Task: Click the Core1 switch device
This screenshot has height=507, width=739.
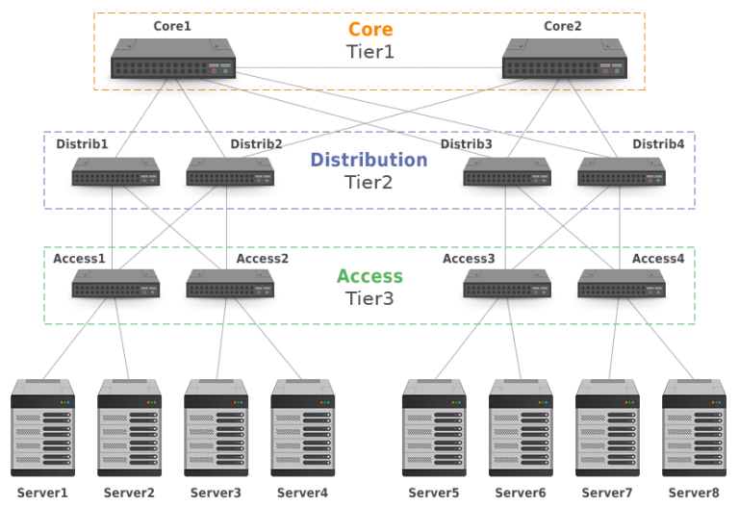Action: pos(173,59)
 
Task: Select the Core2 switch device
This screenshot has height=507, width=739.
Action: pos(564,59)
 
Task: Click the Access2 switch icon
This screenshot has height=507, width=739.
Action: pos(230,283)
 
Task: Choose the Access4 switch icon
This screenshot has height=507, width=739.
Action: pos(621,283)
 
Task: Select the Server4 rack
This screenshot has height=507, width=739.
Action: pos(303,427)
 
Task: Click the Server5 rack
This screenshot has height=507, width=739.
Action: pos(434,427)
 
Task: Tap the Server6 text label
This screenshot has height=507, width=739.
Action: pos(521,493)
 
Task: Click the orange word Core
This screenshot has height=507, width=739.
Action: pos(370,30)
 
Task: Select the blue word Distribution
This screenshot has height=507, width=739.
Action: pos(369,160)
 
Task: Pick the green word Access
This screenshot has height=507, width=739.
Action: pos(369,276)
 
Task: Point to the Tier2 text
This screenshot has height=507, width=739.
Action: pos(369,182)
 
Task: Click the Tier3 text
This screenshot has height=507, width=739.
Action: pos(369,297)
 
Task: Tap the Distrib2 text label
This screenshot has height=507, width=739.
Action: pos(256,144)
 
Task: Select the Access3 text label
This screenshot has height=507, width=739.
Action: pos(469,259)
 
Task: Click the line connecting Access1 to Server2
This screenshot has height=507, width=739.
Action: pos(122,337)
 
